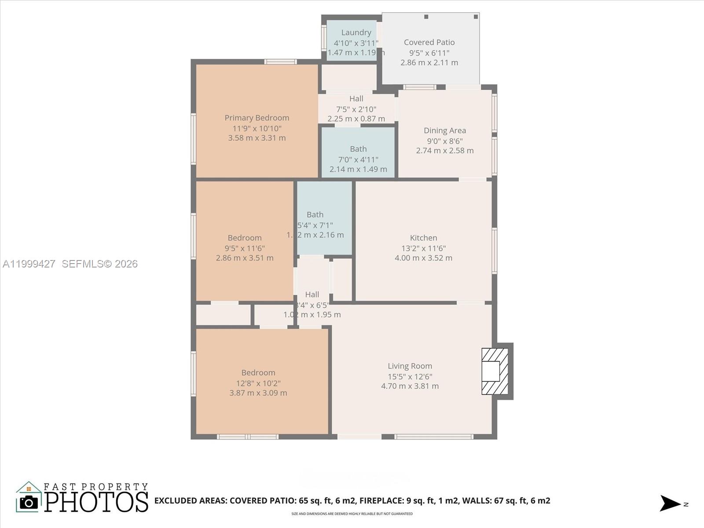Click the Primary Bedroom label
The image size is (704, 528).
[x=257, y=118]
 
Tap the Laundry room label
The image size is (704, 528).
[x=356, y=33]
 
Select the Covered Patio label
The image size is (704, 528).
[x=429, y=42]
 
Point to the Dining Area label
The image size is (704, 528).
[x=444, y=130]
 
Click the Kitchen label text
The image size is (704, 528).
[x=423, y=238]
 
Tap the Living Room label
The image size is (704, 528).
[x=410, y=366]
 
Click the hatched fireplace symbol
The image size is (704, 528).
[x=495, y=371]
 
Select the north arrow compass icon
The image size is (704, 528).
[x=671, y=503]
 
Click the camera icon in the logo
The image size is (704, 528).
[x=29, y=502]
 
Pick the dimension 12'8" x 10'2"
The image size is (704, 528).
[x=258, y=383]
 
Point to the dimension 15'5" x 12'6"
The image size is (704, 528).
[x=410, y=377]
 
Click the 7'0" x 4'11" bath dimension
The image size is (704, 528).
[x=358, y=160]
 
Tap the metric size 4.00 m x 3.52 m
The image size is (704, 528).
[x=423, y=258]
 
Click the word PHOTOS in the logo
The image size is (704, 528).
[x=96, y=502]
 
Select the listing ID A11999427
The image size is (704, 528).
[x=29, y=264]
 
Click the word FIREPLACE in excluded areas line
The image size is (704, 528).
[x=381, y=501]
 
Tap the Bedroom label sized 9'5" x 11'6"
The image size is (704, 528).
[x=245, y=238]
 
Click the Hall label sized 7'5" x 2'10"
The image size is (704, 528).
[x=356, y=99]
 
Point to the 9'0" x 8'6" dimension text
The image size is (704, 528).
[x=444, y=141]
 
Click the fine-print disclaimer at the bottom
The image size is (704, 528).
[x=352, y=514]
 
